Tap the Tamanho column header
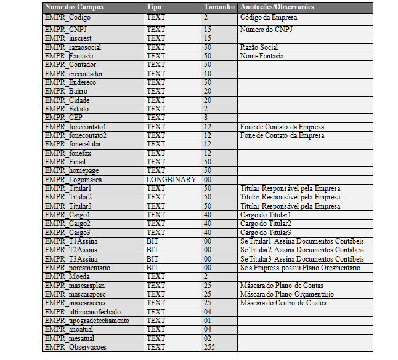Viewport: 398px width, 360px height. (x=219, y=7)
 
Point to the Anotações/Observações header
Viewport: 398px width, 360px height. (x=277, y=7)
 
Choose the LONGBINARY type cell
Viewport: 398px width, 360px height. (x=171, y=179)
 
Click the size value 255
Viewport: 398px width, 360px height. (x=209, y=347)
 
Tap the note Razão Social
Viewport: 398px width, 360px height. (x=259, y=47)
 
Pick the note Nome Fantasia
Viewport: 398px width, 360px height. (x=262, y=56)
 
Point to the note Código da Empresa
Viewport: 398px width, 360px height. (x=269, y=18)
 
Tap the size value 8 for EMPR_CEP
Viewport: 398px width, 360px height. (x=206, y=118)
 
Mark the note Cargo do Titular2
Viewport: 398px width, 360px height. (x=266, y=223)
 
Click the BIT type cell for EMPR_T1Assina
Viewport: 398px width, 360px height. (x=152, y=241)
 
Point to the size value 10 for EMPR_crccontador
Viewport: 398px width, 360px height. (x=208, y=74)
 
